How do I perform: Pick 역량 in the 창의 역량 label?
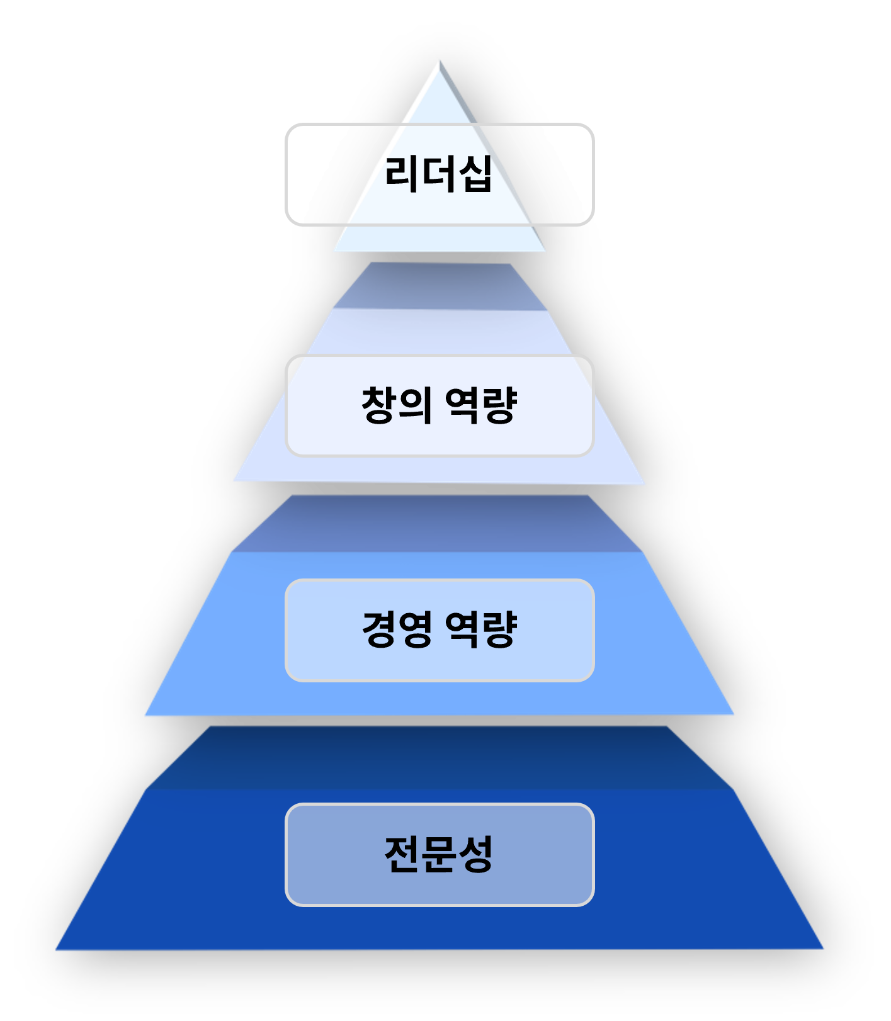(481, 405)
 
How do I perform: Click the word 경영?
(397, 629)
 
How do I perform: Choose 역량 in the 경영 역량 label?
(481, 629)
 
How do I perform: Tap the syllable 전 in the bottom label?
(402, 854)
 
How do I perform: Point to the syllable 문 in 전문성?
(438, 854)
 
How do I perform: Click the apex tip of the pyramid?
(439, 61)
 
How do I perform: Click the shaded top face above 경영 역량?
(439, 523)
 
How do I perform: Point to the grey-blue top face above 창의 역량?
(439, 286)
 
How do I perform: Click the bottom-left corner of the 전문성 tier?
(57, 949)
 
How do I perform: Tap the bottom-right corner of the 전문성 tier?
(823, 948)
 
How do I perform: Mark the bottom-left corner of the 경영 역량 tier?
(145, 715)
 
